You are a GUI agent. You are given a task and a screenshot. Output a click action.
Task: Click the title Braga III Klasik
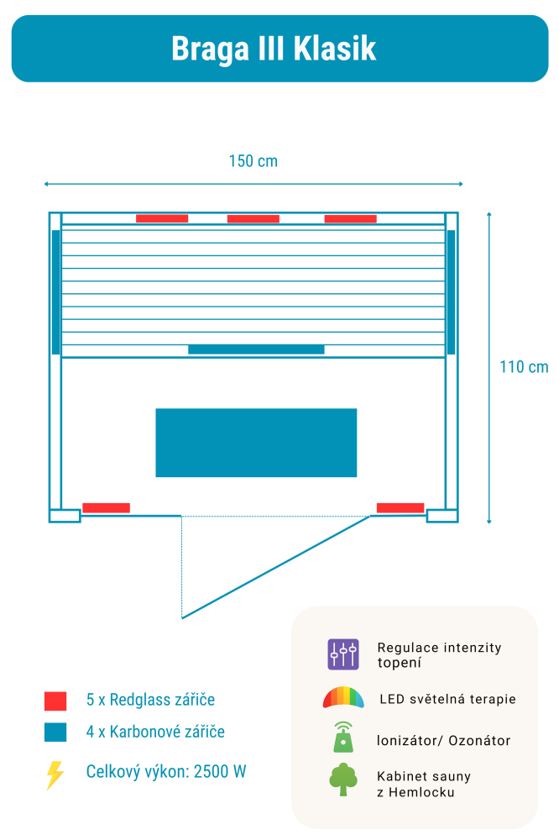point(274,49)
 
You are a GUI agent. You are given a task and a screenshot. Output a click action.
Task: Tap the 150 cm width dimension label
point(253,161)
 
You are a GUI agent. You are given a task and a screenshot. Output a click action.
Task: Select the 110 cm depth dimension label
point(524,367)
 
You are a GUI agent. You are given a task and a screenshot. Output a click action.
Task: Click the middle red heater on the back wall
point(253,219)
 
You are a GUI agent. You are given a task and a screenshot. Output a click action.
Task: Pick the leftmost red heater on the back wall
point(162,219)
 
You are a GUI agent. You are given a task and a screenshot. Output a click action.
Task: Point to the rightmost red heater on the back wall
point(350,219)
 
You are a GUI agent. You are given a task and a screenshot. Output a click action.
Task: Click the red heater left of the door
point(106,507)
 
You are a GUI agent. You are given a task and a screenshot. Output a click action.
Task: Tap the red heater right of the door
point(400,507)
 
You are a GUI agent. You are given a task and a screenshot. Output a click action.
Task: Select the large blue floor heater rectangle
point(256,443)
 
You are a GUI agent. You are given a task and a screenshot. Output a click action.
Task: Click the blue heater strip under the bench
point(256,349)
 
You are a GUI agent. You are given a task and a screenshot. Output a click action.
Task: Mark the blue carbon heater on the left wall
point(55,291)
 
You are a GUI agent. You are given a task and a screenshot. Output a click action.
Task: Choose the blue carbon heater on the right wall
point(451,291)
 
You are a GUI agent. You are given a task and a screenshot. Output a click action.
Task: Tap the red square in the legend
point(55,701)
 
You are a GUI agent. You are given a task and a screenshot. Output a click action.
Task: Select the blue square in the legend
point(55,732)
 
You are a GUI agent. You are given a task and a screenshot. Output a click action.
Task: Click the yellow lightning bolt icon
point(55,774)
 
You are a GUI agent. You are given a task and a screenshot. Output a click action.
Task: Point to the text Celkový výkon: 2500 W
point(166,772)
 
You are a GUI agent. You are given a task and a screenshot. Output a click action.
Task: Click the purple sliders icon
point(343,654)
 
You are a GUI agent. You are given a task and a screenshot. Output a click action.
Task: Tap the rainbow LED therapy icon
point(343,698)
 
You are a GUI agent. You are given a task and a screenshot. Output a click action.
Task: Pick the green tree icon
point(343,780)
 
